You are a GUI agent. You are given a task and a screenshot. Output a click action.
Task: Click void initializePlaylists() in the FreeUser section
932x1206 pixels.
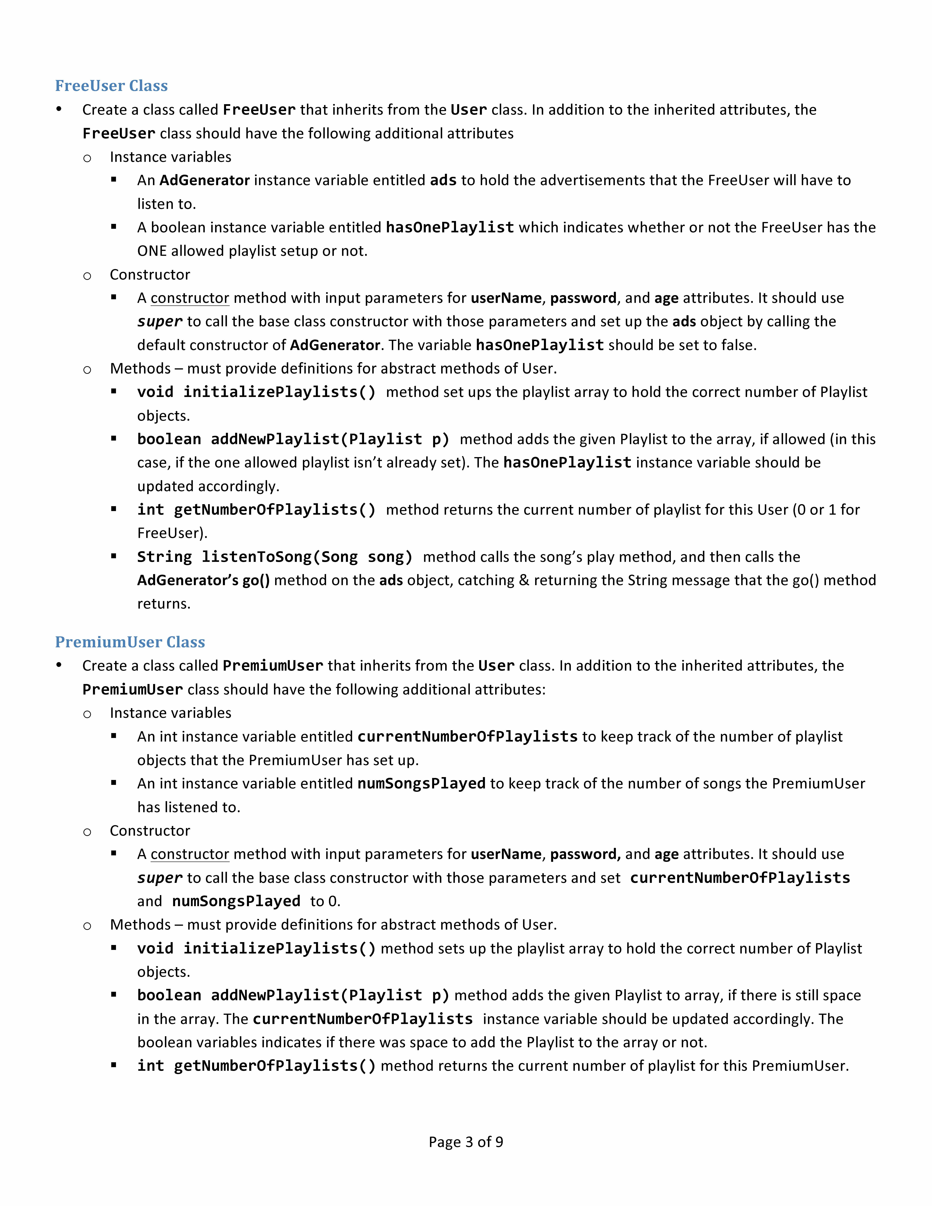click(x=256, y=392)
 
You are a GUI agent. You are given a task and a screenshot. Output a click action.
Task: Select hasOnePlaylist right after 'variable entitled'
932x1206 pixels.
click(x=449, y=227)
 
